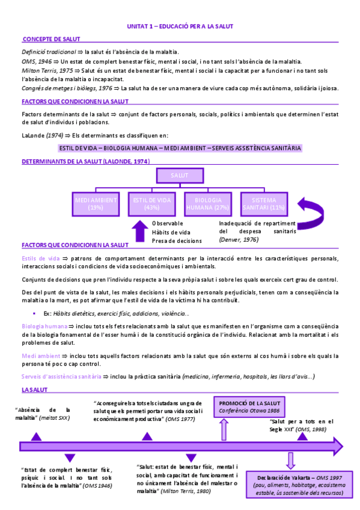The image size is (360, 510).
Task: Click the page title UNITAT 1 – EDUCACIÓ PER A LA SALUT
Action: click(x=180, y=26)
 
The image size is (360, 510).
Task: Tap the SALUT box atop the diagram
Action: click(x=179, y=175)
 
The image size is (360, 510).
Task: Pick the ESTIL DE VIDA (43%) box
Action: click(x=151, y=203)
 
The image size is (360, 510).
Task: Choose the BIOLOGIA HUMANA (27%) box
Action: click(x=208, y=203)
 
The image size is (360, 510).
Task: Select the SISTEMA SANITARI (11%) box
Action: click(x=263, y=203)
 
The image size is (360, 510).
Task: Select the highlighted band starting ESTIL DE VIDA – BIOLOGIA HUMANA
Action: click(x=180, y=147)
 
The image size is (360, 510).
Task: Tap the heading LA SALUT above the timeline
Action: click(x=34, y=390)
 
